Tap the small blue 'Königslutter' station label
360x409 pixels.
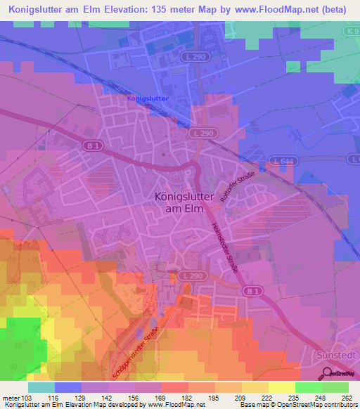coord(148,99)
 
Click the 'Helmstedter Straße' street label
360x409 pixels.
coord(225,247)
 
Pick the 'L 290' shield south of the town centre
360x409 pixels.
coord(187,275)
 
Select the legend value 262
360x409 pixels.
coord(348,398)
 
